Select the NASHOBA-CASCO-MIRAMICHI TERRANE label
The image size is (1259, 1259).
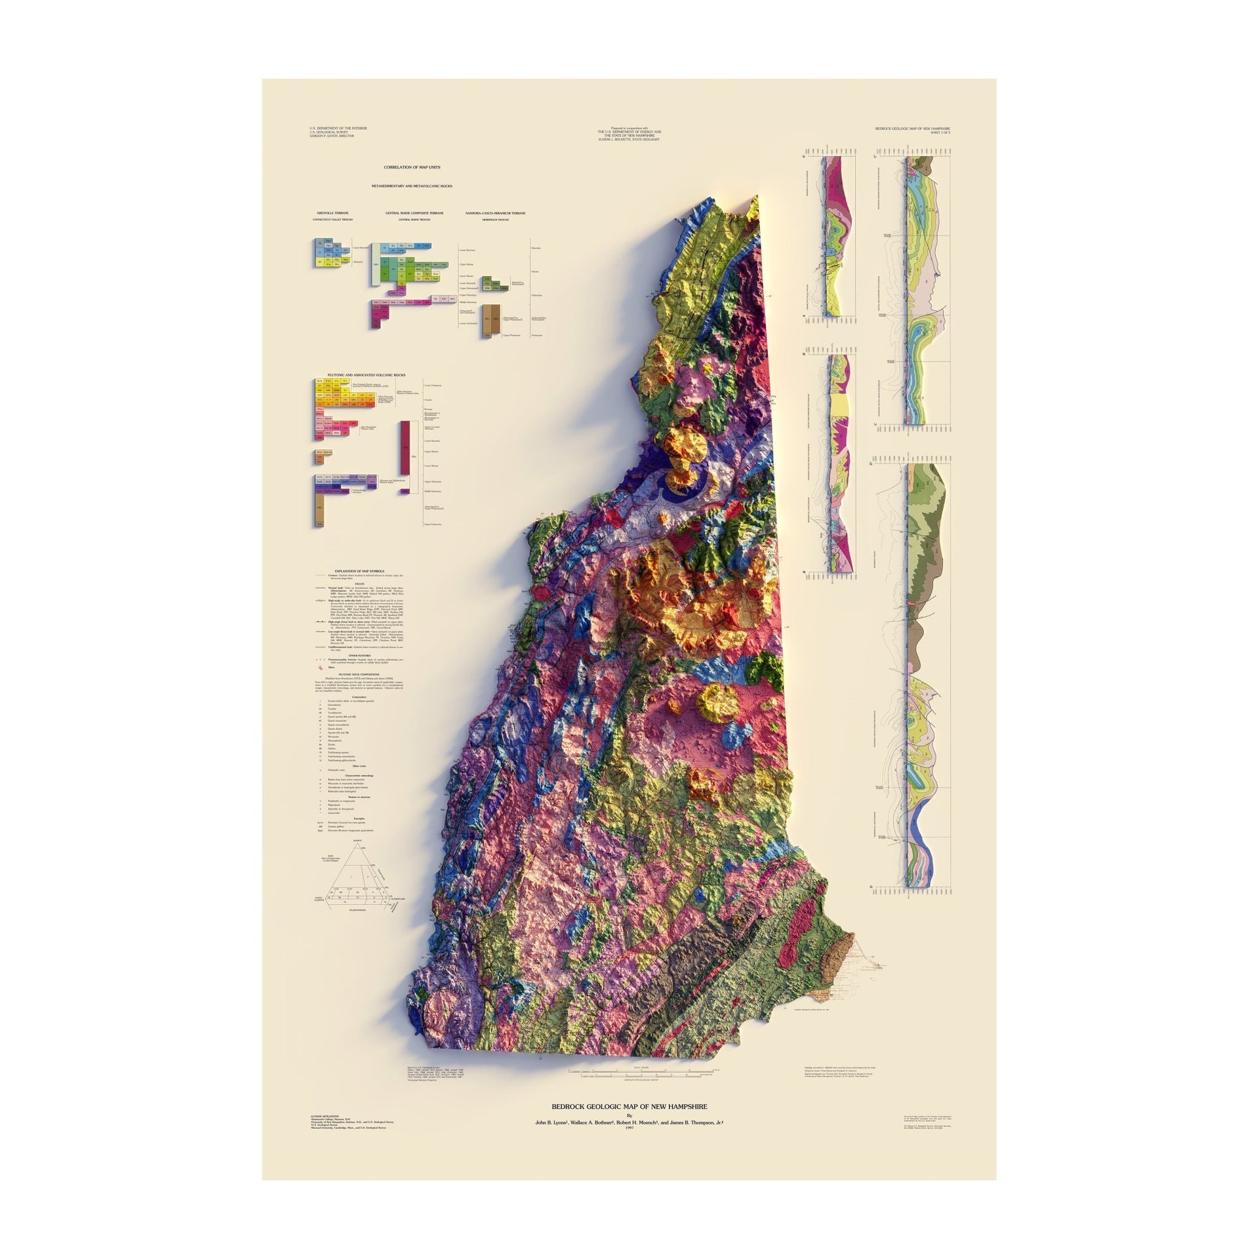495,213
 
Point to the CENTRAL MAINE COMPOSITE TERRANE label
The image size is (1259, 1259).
414,213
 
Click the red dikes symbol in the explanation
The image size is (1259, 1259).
321,667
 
